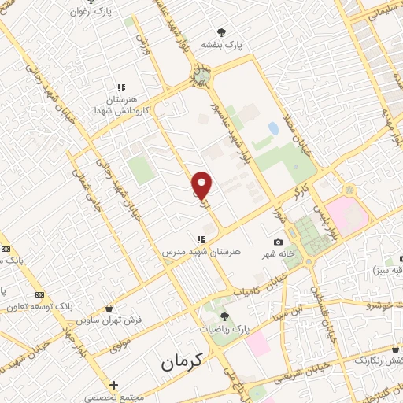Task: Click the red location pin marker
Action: [x=202, y=186]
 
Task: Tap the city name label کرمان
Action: [x=182, y=362]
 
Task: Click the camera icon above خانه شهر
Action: [x=278, y=242]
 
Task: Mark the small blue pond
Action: [x=273, y=128]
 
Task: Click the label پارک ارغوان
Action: [x=91, y=12]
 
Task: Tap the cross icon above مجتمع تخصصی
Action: [x=114, y=385]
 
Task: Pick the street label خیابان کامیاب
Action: [x=253, y=292]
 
